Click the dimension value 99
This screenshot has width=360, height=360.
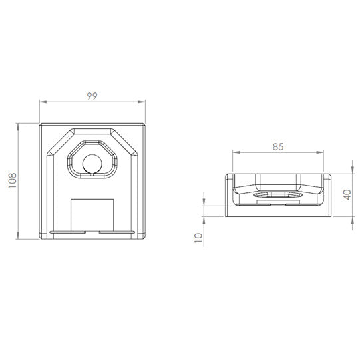[x=92, y=96]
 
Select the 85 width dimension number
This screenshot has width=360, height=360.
[x=278, y=147]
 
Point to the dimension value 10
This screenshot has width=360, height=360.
[x=198, y=238]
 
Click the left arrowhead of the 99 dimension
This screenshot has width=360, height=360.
[x=43, y=102]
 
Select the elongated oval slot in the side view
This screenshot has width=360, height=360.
[x=278, y=194]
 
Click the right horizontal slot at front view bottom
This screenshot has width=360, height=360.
[x=116, y=232]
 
